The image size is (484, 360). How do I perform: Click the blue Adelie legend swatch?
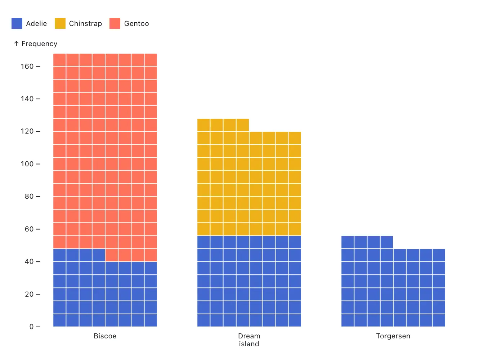pos(17,23)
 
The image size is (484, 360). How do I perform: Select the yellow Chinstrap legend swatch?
pos(60,23)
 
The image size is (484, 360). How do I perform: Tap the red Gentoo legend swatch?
pos(115,23)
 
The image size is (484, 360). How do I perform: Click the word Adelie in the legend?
pos(36,23)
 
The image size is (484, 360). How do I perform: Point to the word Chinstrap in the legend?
pos(85,23)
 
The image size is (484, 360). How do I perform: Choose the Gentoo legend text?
pos(136,23)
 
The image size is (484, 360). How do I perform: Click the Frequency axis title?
pos(39,44)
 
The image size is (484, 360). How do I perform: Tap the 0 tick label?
pos(32,327)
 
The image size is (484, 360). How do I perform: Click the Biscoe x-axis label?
pos(105,336)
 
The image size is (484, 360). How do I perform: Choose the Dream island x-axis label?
pos(249,340)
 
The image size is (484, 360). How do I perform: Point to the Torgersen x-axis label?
pos(393,336)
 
